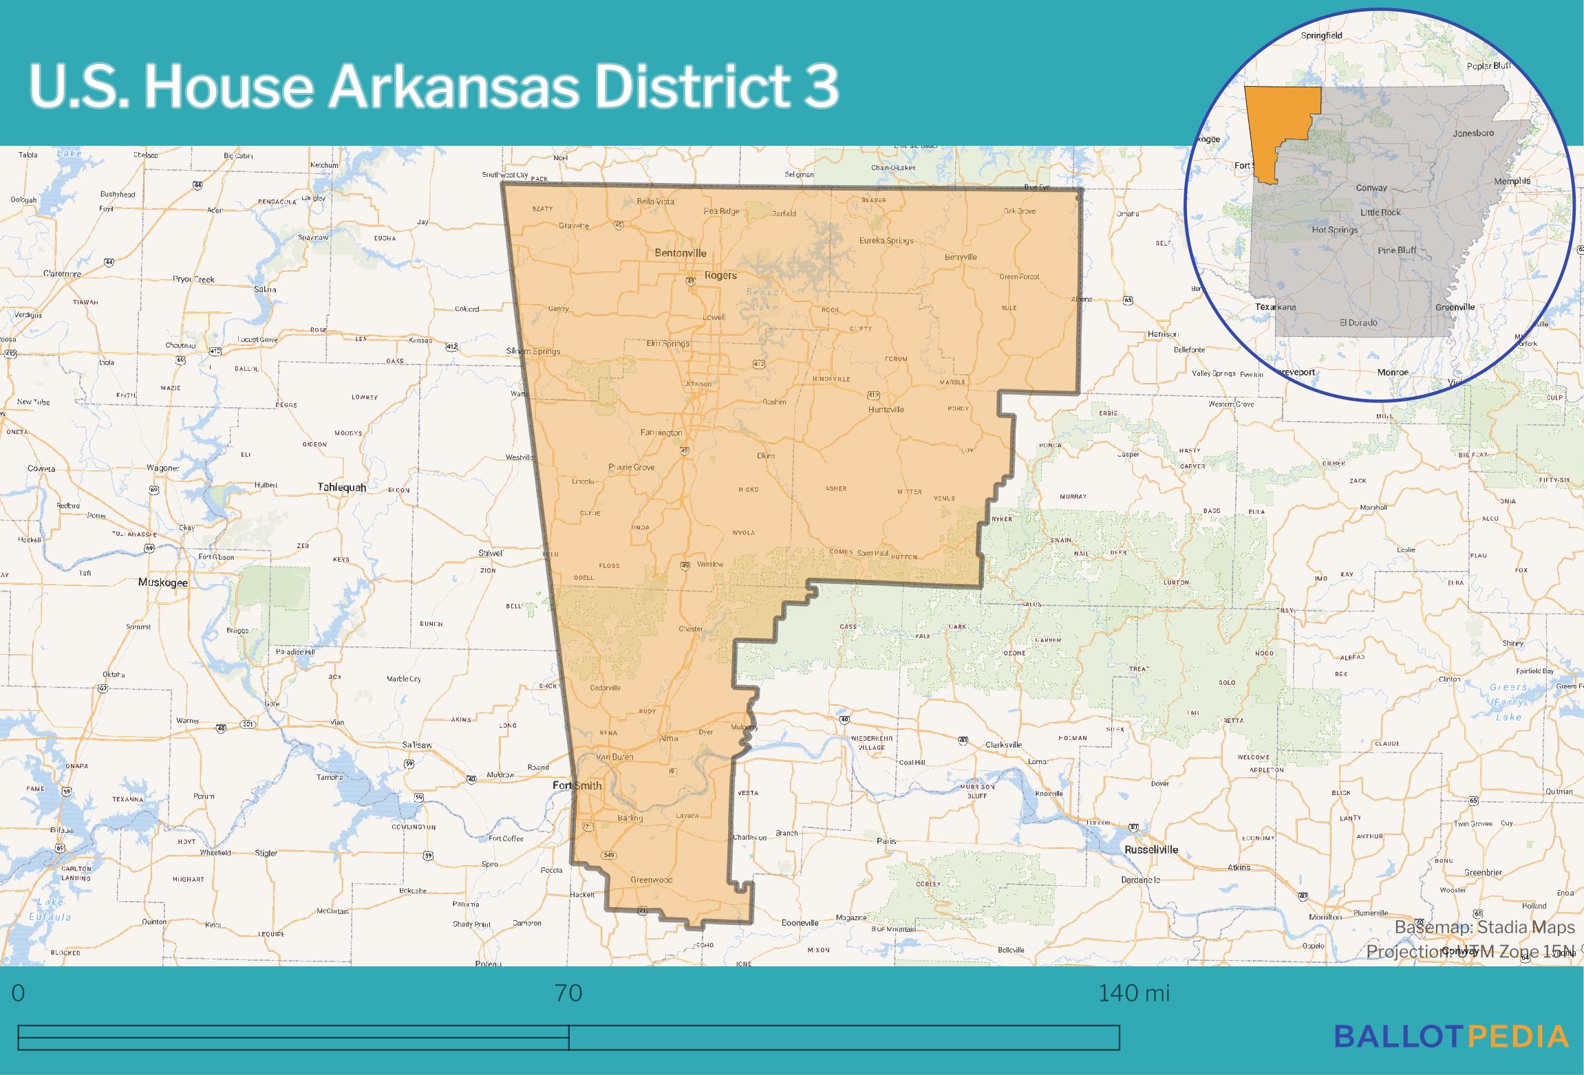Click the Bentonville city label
[x=680, y=253]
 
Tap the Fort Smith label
[x=578, y=785]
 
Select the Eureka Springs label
[x=886, y=241]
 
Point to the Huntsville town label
[x=886, y=410]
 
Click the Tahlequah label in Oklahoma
[x=341, y=487]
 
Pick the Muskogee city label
[x=163, y=583]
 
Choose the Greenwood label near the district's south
[x=652, y=880]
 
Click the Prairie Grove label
[x=632, y=468]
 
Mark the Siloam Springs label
[x=533, y=351]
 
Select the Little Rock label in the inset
[x=1380, y=213]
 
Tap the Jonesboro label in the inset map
[x=1473, y=133]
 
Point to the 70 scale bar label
[x=568, y=994]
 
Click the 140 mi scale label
[x=1133, y=994]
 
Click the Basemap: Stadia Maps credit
[x=1484, y=928]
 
